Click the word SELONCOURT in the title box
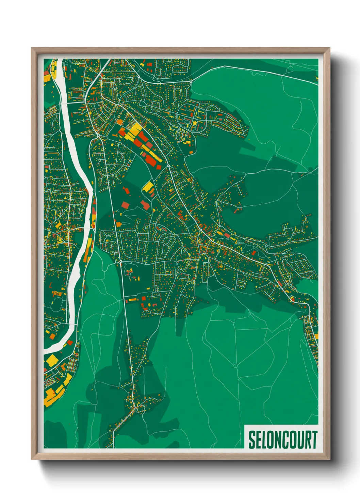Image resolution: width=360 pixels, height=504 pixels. click(x=282, y=440)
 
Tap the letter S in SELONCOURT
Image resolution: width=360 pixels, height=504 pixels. click(x=252, y=440)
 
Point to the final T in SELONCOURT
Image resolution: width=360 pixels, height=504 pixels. click(x=314, y=440)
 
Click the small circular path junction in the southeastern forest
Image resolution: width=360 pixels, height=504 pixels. click(x=235, y=366)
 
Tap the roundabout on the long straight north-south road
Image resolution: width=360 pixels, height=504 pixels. click(x=120, y=262)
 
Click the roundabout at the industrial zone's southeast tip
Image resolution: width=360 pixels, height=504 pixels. click(x=168, y=166)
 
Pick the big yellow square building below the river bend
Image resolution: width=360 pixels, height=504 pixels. click(x=52, y=360)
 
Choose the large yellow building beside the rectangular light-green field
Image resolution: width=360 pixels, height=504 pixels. click(x=149, y=187)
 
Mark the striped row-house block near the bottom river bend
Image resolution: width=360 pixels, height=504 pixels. click(x=72, y=365)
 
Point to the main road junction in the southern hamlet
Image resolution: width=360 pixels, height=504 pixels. click(x=135, y=407)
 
